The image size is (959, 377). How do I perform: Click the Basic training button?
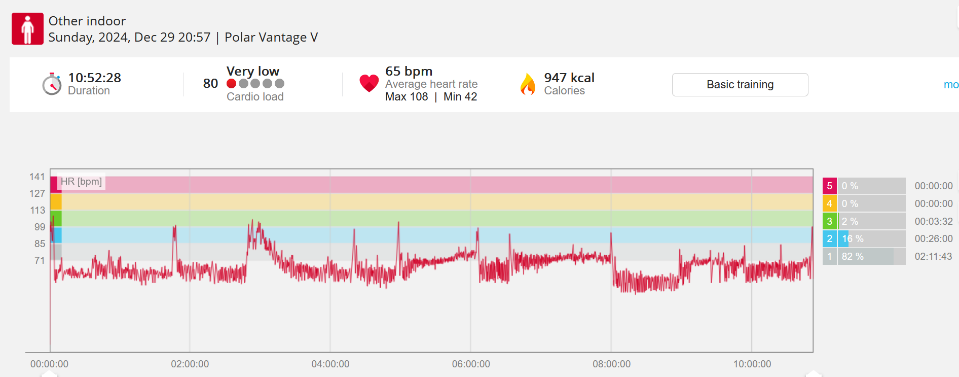coord(740,85)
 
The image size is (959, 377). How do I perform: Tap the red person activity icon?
coord(27,29)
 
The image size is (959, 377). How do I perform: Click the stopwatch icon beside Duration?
coord(52,84)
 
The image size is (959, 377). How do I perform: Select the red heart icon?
coord(369,83)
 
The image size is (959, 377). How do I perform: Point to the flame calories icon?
coord(528,84)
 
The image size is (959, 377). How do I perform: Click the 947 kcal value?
coord(569,78)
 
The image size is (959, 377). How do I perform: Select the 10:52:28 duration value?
coord(95,78)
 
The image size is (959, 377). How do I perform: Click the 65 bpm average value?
coord(409,71)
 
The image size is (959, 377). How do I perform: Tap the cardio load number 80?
coord(210,84)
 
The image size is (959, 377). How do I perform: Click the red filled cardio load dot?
coord(231,84)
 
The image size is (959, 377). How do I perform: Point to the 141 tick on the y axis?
coord(37,177)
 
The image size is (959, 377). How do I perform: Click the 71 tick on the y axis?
coord(40,260)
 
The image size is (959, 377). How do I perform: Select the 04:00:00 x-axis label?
coord(330,364)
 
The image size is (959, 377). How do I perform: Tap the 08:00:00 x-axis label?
coord(611,364)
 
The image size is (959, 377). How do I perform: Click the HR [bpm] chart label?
coord(81,182)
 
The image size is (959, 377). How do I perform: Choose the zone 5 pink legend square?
coord(829,186)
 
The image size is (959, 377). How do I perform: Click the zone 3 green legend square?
coord(829,221)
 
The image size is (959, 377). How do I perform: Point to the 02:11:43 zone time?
coord(933,256)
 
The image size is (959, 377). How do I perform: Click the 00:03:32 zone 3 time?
coord(933,221)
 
